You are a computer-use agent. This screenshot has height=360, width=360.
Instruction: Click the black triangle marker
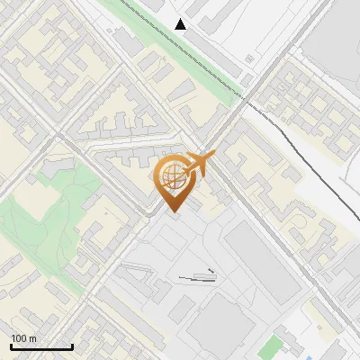[182, 24]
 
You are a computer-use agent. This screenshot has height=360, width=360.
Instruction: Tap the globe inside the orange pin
[173, 176]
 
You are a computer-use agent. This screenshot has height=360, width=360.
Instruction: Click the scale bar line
[40, 346]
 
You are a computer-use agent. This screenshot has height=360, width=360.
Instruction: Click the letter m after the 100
[32, 338]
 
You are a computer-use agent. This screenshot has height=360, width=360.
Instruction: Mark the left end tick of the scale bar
[10, 346]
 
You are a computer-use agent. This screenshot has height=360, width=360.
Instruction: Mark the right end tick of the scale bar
[72, 346]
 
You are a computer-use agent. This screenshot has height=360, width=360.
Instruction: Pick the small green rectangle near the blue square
[268, 346]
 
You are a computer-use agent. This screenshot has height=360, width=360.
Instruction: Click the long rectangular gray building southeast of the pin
[260, 261]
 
